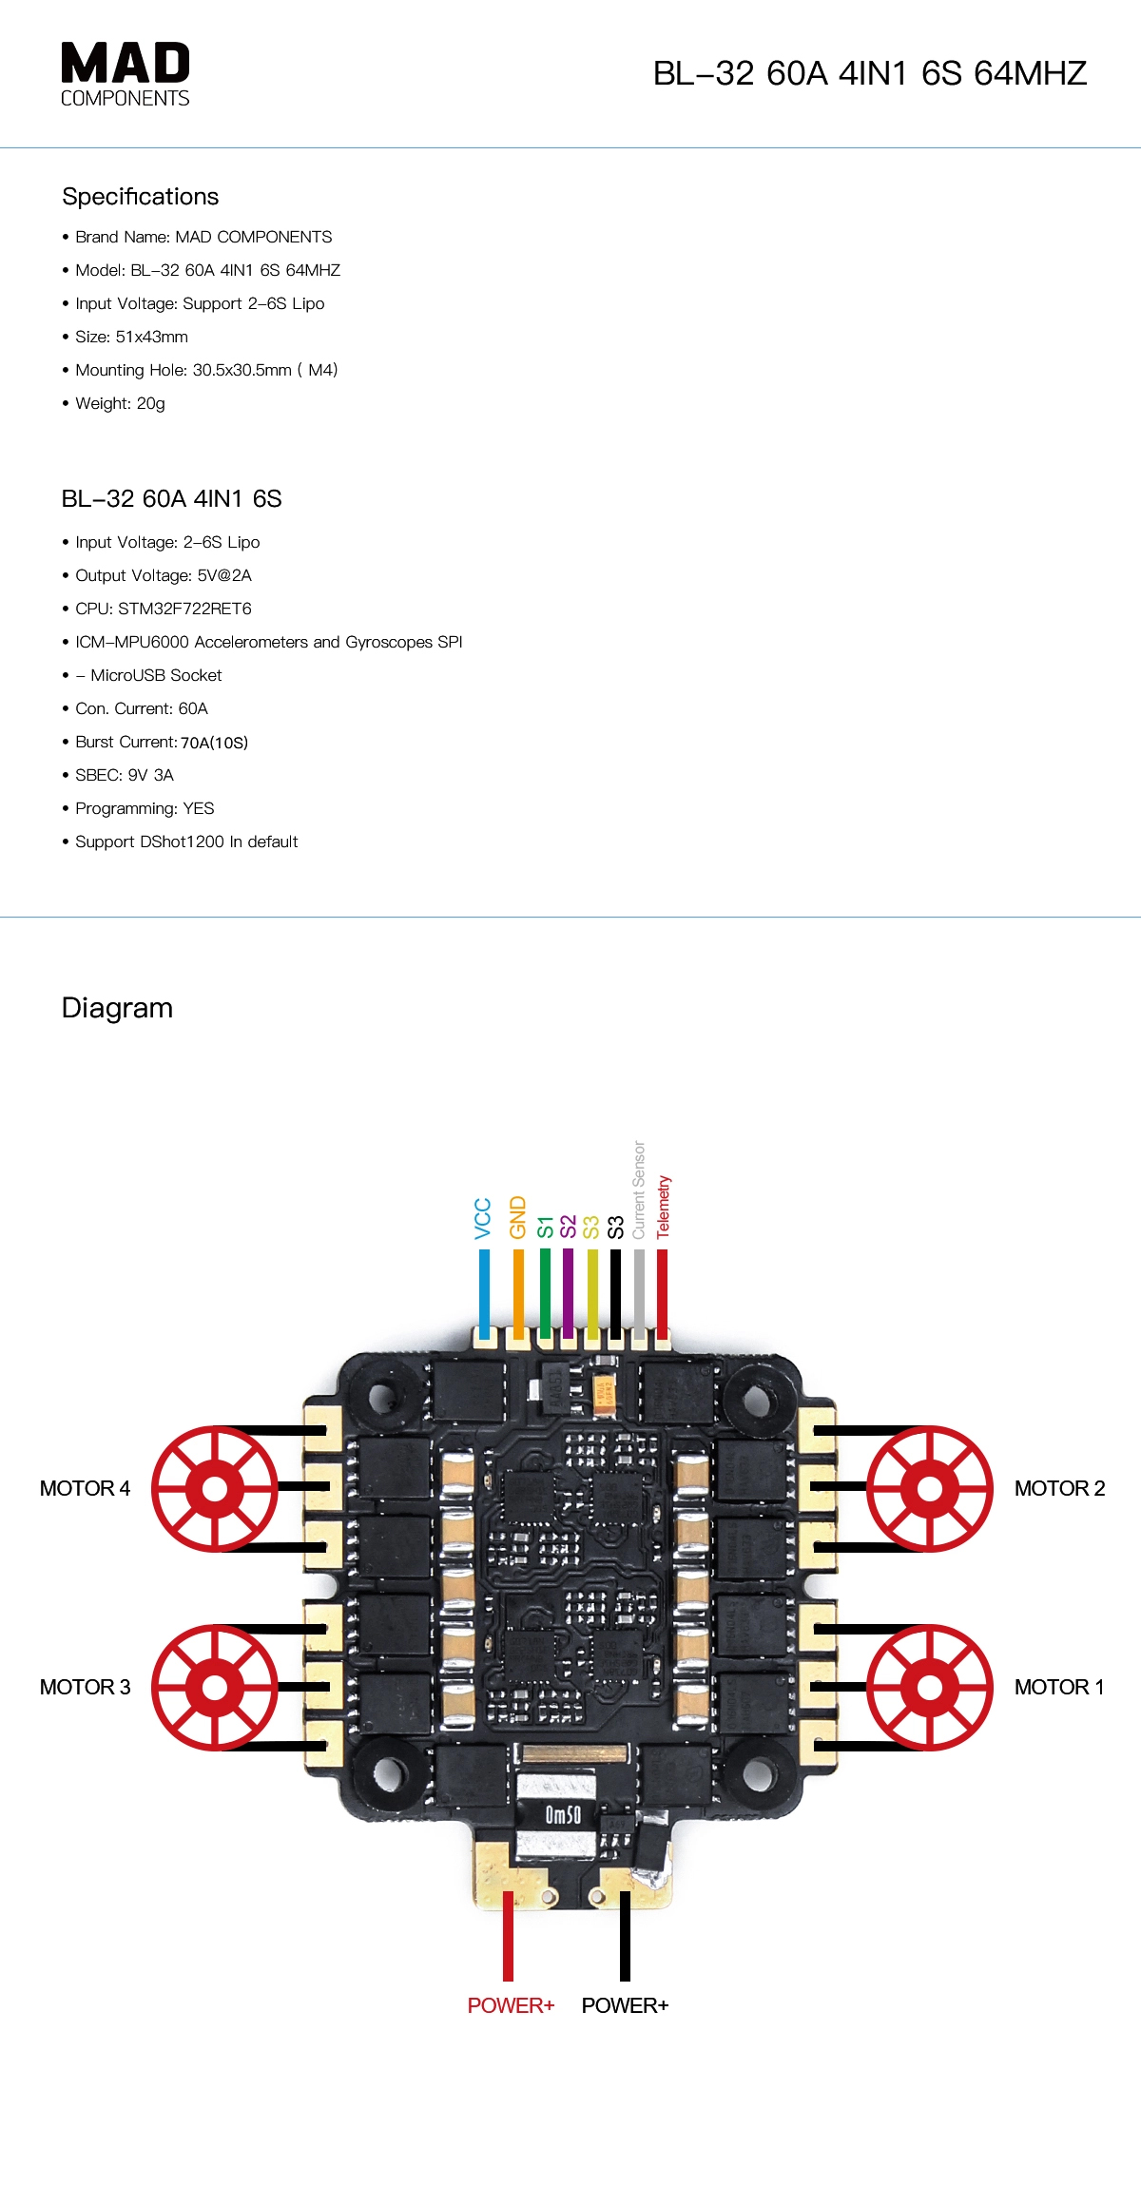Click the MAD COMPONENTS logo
125,74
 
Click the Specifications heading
140,197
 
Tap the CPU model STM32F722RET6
184,609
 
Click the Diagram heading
117,1008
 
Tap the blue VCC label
483,1218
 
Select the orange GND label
517,1217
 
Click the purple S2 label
568,1227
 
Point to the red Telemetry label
663,1207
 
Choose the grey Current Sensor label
639,1190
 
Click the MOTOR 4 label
85,1488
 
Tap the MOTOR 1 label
1059,1687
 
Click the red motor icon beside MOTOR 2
930,1488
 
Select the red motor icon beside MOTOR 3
215,1687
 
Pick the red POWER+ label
511,2005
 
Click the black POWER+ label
625,2005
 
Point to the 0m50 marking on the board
563,1815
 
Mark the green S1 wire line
545,1293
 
